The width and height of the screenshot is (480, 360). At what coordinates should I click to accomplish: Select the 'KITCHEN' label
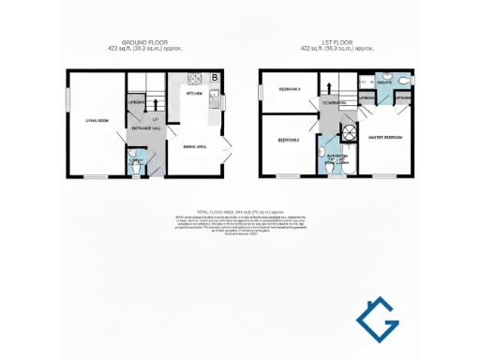(195, 94)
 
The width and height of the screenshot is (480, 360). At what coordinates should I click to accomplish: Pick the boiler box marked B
(216, 77)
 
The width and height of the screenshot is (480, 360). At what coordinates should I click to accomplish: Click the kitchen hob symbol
(196, 79)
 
